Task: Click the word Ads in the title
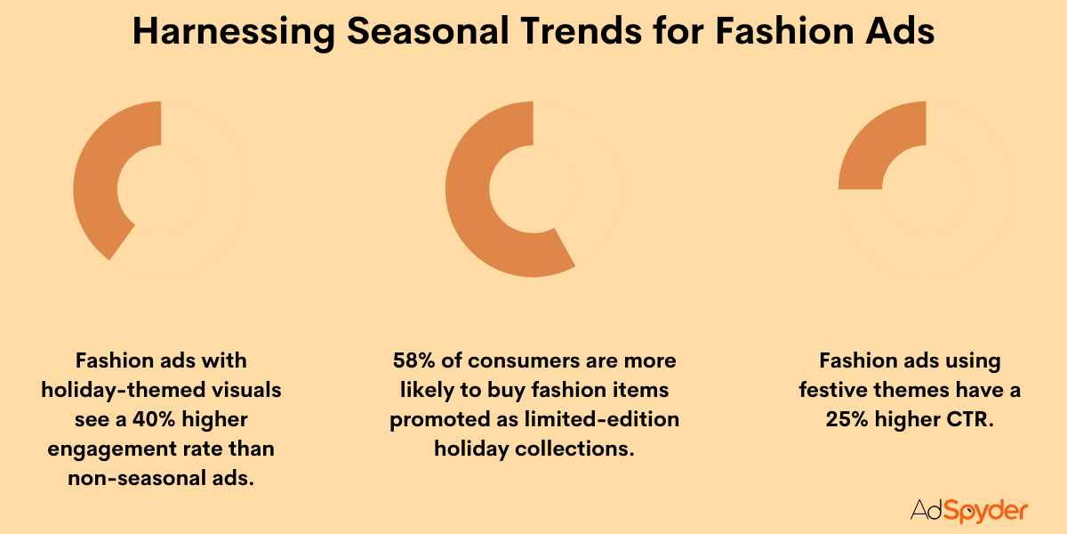[897, 33]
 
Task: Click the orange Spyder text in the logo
[987, 511]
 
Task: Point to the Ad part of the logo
[926, 510]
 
